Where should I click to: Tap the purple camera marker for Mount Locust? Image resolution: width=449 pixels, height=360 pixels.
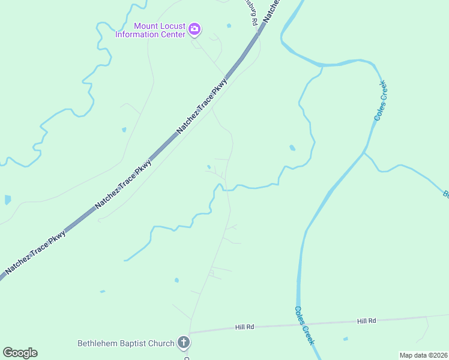pos(194,29)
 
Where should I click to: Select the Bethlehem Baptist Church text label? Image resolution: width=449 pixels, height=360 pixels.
pos(126,344)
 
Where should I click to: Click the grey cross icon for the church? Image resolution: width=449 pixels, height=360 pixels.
pos(184,343)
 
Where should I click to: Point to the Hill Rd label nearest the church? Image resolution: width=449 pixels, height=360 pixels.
pos(245,327)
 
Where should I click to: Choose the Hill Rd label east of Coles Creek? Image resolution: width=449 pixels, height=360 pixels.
pos(366,321)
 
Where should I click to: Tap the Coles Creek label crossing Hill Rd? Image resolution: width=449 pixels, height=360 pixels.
pos(304,325)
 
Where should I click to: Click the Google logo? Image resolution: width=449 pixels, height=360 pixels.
pos(20,353)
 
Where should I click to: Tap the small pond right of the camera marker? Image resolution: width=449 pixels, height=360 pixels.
pos(229,26)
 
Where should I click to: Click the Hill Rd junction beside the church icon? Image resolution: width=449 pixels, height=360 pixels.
pos(190,332)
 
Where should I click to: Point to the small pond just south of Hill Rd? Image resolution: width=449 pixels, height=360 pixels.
pos(345,339)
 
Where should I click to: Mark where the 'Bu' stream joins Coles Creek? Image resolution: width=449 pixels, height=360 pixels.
pos(364,153)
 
